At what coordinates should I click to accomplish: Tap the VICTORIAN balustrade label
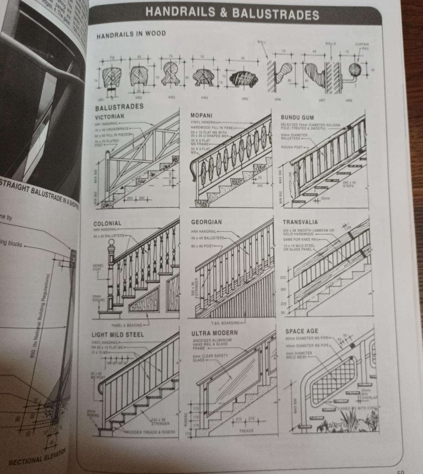tap(110, 116)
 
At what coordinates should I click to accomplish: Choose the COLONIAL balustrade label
tap(107, 223)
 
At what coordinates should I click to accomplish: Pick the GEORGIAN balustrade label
tap(206, 222)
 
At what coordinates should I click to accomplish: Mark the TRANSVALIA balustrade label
tap(300, 222)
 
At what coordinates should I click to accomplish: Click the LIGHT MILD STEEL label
tap(118, 334)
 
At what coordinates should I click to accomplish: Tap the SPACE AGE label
tap(302, 331)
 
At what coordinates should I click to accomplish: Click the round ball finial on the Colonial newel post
tap(112, 244)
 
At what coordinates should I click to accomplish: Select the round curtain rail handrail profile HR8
tap(355, 70)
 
